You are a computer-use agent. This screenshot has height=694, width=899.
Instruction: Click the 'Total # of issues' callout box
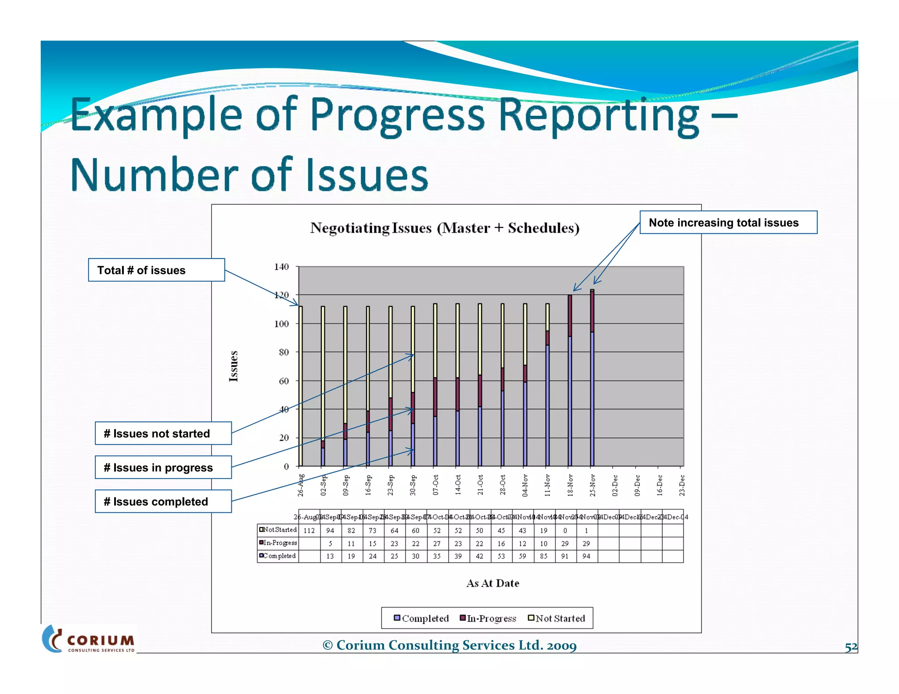[156, 270]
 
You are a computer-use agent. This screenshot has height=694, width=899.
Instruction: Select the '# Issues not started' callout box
[163, 433]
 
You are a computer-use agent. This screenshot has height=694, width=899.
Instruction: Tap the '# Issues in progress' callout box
[163, 468]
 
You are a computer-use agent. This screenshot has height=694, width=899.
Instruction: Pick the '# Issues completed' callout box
[163, 501]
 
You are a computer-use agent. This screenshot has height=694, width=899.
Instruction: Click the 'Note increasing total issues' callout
[728, 222]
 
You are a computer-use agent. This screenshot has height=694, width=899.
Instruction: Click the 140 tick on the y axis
[281, 267]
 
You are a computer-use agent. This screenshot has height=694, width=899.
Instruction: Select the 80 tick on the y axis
[284, 352]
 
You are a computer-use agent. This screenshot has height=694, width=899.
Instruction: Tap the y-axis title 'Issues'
[234, 366]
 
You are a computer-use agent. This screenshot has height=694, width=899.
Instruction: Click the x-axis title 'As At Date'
[493, 583]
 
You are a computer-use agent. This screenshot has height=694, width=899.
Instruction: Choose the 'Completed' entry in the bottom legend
[421, 619]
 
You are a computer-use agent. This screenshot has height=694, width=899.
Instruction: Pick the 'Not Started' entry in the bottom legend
[556, 619]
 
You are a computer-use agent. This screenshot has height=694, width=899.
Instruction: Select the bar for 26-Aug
[301, 386]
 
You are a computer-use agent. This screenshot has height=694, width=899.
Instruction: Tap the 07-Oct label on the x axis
[435, 485]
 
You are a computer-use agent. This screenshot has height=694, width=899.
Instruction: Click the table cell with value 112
[309, 531]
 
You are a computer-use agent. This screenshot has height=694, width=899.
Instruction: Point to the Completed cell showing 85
[543, 556]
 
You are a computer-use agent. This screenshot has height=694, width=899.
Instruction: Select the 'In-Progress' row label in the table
[278, 543]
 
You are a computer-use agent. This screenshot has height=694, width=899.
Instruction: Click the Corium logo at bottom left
[89, 640]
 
